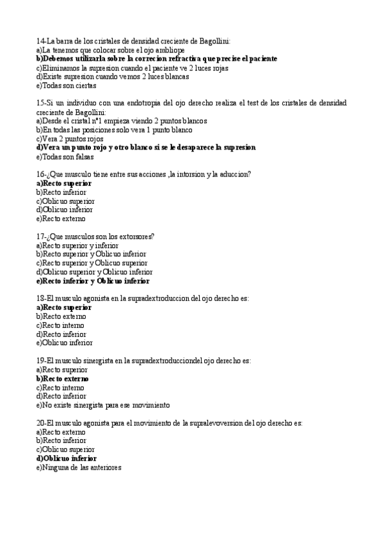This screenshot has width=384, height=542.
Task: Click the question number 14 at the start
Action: click(40, 40)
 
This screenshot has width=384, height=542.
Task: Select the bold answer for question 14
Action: click(157, 58)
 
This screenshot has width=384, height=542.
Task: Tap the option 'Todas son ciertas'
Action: click(67, 85)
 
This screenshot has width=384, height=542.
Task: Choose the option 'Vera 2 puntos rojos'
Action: click(70, 138)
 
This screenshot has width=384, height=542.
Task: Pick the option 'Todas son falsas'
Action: click(66, 156)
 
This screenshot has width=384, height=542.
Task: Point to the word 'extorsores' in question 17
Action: click(134, 236)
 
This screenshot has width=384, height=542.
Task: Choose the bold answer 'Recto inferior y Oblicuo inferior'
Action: click(93, 281)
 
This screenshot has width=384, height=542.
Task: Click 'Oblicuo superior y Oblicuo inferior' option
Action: click(94, 272)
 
